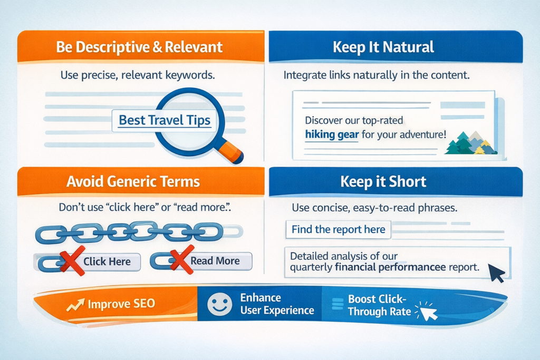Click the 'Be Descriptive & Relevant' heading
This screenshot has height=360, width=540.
(139, 47)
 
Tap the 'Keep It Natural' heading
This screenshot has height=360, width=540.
(383, 47)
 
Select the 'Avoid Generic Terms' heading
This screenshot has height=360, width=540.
(133, 181)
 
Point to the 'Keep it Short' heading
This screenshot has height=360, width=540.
(383, 181)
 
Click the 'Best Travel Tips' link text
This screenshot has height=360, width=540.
(165, 120)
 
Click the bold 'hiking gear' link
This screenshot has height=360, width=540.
(332, 134)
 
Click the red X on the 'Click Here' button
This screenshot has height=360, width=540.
(72, 260)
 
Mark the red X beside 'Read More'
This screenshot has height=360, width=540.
(182, 259)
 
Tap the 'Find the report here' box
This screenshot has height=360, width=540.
(338, 230)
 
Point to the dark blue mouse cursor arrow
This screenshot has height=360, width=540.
(496, 273)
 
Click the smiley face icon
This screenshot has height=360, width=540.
(220, 304)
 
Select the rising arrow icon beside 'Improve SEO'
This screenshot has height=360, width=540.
(75, 305)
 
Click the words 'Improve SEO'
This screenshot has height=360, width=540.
(122, 304)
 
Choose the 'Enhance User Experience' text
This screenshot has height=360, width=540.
(277, 304)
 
